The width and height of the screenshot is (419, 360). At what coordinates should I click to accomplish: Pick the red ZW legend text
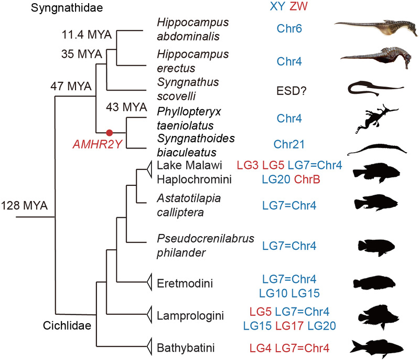click(x=300, y=7)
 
